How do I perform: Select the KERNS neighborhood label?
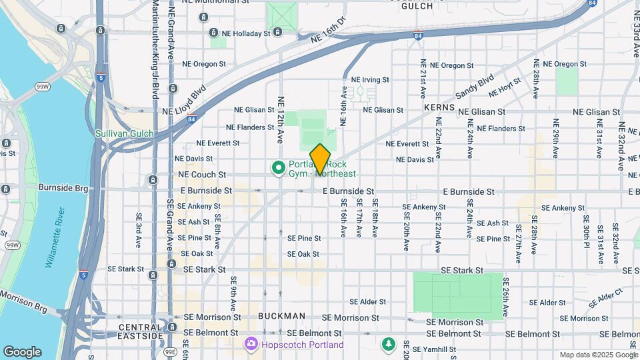[439, 107]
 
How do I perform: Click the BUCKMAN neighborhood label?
[281, 316]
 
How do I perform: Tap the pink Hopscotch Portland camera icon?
[251, 344]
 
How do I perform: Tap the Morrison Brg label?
[24, 301]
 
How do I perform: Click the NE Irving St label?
[370, 79]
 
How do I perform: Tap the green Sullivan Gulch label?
[124, 133]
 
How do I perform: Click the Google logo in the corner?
[22, 351]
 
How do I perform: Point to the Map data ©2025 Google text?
[597, 355]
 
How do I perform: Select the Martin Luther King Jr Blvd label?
[155, 50]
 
